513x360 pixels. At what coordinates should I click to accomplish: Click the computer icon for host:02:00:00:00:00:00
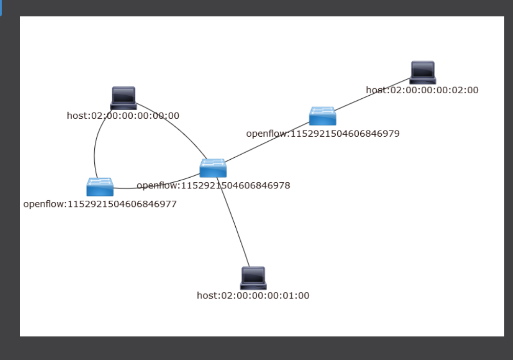[124, 98]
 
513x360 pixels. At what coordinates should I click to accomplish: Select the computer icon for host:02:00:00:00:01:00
[253, 278]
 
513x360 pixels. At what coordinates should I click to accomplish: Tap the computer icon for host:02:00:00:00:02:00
[423, 72]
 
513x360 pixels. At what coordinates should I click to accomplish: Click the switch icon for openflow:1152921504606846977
[100, 187]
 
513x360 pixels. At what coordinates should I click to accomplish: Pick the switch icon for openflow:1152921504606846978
[213, 168]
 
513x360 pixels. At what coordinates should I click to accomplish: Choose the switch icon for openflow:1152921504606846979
[322, 116]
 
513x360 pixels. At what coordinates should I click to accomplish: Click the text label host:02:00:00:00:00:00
[123, 116]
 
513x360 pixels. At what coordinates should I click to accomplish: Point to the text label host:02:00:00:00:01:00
[253, 295]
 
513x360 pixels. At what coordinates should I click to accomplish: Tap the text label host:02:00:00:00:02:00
[422, 90]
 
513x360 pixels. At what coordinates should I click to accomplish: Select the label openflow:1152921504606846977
[100, 204]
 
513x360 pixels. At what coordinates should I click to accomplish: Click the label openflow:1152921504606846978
[213, 185]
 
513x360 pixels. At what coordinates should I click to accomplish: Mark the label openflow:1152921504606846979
[323, 134]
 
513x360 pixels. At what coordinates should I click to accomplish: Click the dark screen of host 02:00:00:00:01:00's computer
[253, 276]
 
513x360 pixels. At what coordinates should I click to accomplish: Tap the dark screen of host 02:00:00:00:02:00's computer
[423, 70]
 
